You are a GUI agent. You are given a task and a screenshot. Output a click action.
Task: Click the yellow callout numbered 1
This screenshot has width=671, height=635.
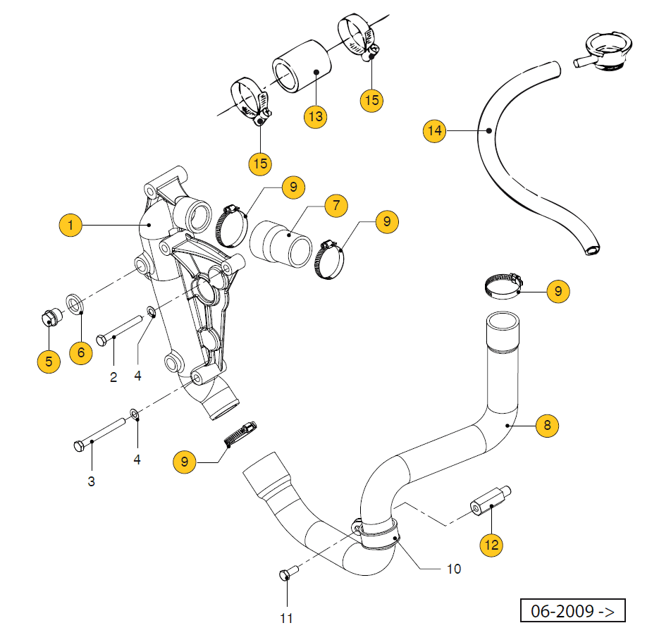coord(70,226)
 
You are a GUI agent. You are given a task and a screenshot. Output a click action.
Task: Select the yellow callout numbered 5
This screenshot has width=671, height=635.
coord(49,362)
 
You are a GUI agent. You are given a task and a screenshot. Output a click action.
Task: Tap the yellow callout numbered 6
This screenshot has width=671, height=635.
coord(80,352)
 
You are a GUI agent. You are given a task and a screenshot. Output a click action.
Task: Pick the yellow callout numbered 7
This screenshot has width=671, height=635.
coord(336,206)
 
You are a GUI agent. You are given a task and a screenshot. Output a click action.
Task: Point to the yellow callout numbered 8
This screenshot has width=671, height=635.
coord(547,425)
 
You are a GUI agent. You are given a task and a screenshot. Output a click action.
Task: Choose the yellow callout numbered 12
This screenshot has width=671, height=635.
coord(491,544)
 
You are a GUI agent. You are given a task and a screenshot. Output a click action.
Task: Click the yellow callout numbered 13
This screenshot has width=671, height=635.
coord(316,116)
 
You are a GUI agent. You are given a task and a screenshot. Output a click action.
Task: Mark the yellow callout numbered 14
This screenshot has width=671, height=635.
coord(435,130)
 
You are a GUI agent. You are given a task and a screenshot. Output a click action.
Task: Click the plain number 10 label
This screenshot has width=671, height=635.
coord(454,568)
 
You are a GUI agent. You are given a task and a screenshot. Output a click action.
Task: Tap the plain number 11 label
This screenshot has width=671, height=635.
coord(285,618)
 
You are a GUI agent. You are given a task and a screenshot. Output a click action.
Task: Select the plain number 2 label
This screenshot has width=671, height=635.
coord(113,377)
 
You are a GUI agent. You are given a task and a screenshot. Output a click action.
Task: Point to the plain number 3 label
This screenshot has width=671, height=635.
coord(91,482)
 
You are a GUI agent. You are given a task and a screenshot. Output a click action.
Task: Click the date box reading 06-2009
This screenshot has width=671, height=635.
coord(572,610)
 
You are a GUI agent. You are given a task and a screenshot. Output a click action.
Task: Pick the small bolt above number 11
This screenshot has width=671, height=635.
coord(285,574)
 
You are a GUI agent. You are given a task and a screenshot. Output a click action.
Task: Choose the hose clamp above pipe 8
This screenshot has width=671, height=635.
coord(503,285)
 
